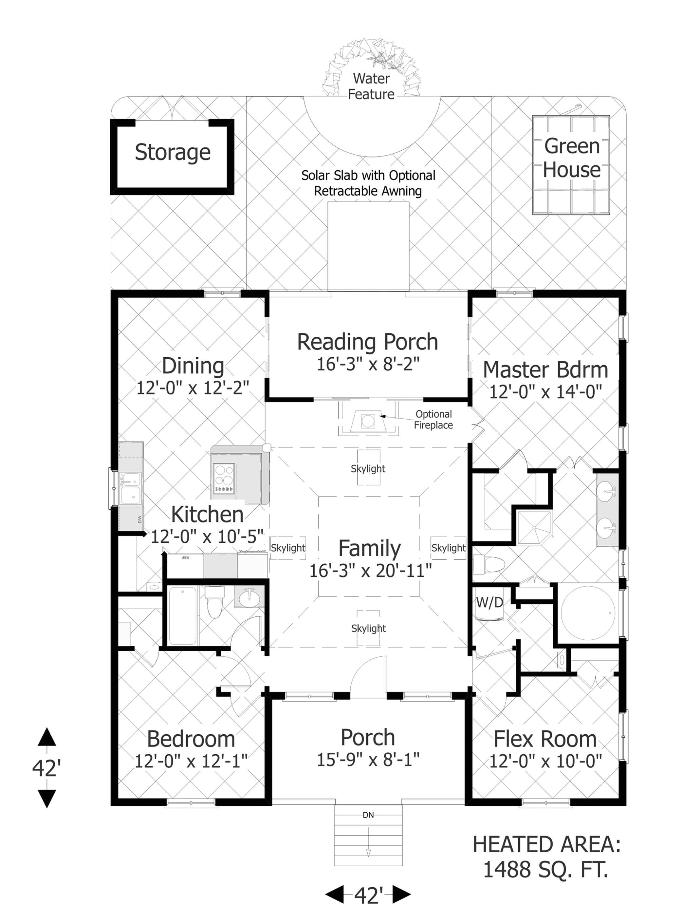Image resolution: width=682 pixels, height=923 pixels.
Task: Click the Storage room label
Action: click(x=173, y=152)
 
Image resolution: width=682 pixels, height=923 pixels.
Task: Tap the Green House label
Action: click(x=571, y=158)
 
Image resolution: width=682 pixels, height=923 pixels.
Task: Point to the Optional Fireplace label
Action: click(x=433, y=420)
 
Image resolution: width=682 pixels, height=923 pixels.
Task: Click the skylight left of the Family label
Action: click(x=288, y=548)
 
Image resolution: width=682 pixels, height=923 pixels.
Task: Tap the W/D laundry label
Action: click(x=489, y=603)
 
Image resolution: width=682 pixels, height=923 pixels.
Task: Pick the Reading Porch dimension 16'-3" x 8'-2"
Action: click(x=368, y=364)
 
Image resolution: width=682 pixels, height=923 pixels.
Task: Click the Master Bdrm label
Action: click(x=545, y=370)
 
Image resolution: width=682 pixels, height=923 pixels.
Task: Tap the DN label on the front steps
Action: click(x=368, y=815)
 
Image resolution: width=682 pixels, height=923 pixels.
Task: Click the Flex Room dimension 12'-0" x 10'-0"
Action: click(x=545, y=760)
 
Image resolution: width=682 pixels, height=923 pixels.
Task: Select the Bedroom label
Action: click(x=191, y=739)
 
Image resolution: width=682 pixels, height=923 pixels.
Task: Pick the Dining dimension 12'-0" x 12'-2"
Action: click(x=193, y=388)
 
